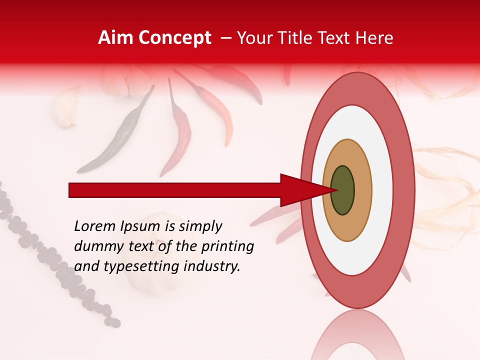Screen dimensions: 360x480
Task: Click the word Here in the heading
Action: (375, 38)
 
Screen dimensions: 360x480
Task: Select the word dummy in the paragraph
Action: (95, 246)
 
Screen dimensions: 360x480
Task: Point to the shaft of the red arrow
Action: (175, 190)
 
